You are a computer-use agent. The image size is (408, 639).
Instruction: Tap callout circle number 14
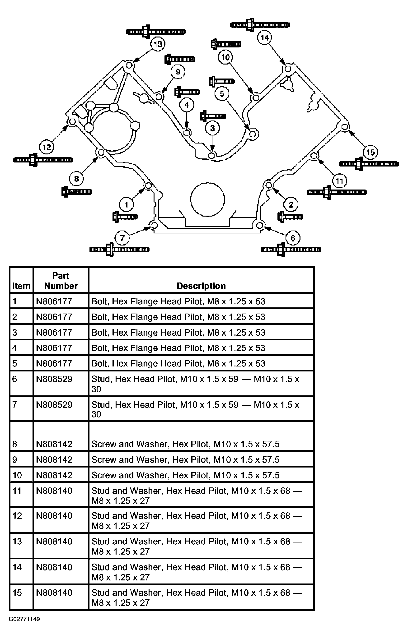coord(265,38)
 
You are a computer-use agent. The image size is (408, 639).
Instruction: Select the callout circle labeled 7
coord(122,238)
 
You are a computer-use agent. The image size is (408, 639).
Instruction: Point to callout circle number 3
coord(212,128)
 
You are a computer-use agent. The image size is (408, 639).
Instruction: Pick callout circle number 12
coord(47,147)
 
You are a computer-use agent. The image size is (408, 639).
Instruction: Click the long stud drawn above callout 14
coord(260,25)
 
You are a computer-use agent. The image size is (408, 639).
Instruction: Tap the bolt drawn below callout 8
coord(76,192)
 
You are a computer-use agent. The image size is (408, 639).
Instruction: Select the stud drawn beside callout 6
coord(291,250)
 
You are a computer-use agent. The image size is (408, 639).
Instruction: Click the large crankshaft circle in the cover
coord(207,199)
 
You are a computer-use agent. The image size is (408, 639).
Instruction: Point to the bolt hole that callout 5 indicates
coord(253,134)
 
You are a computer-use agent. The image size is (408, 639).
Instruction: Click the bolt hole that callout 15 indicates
coord(345,127)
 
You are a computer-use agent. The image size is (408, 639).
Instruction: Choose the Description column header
coord(201,286)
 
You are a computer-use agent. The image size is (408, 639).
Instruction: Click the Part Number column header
coord(61,281)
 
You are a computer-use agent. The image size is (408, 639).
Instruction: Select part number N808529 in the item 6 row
coord(54,379)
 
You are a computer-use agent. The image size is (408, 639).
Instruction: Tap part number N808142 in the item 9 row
coord(54,460)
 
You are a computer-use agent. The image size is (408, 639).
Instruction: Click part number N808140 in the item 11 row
coord(54,491)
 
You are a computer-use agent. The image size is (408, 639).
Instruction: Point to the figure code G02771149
coord(24,619)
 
